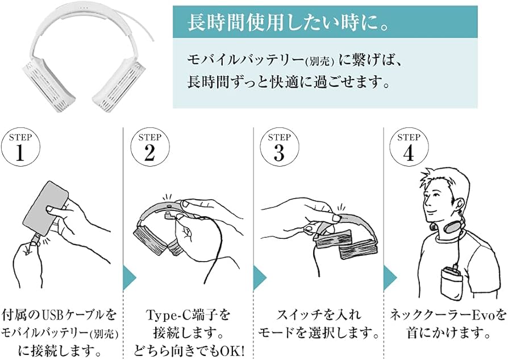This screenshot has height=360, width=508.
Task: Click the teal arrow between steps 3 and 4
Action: [x=389, y=278]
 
